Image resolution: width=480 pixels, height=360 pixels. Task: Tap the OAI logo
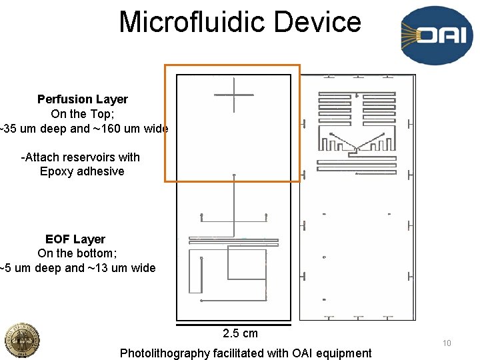432,35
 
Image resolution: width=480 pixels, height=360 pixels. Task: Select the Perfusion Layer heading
83,99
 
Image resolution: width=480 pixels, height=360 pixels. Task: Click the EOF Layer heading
75,239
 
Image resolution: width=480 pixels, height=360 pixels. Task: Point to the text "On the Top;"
83,114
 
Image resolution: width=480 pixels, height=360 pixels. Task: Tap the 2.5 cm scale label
240,333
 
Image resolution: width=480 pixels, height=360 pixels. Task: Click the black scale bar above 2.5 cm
233,325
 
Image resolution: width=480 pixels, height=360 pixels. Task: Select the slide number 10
447,343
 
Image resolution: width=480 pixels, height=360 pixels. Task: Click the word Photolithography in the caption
164,353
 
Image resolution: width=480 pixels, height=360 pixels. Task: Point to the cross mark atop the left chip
234,95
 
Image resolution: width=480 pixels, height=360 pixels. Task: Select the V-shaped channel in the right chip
357,142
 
